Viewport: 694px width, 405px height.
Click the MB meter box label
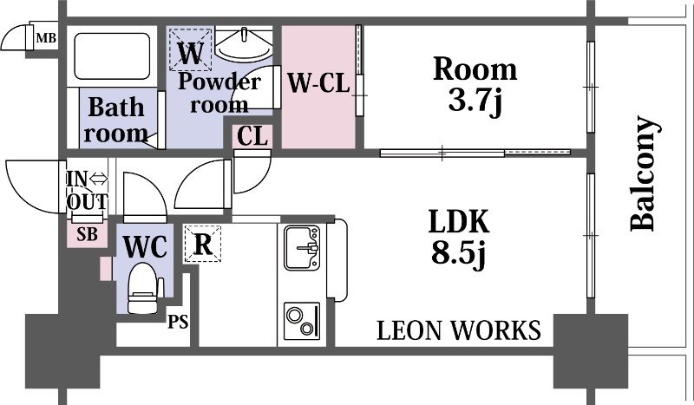click(46, 38)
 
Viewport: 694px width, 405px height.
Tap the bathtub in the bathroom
click(112, 56)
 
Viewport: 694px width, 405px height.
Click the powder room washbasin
click(244, 45)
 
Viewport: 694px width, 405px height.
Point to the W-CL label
click(318, 82)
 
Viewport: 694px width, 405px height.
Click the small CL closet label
click(252, 136)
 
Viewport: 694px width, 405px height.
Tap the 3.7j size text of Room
click(475, 101)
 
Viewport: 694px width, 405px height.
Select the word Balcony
click(644, 173)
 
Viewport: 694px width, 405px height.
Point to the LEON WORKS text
click(459, 330)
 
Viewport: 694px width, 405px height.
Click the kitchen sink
click(302, 248)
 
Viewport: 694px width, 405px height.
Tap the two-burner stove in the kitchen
click(302, 321)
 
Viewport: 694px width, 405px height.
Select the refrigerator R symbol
click(203, 244)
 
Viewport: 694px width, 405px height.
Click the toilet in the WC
click(142, 288)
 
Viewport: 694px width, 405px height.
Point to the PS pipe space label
click(178, 322)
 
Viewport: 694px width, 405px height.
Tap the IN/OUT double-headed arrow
click(99, 180)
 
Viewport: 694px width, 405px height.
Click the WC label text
click(145, 246)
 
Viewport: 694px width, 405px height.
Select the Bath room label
click(116, 120)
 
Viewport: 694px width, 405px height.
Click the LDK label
click(459, 221)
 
